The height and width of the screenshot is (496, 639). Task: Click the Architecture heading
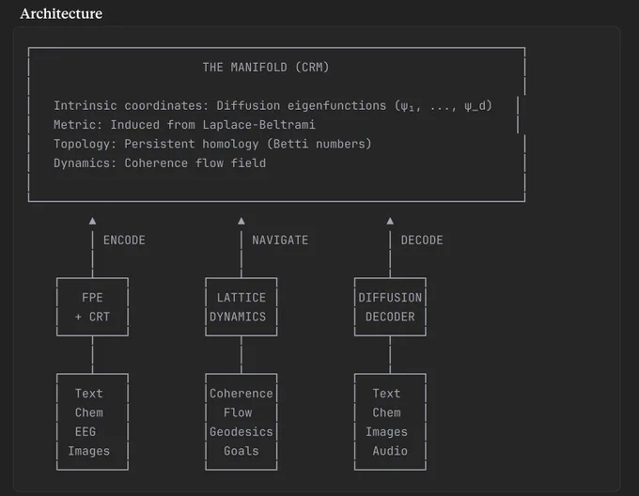(x=61, y=13)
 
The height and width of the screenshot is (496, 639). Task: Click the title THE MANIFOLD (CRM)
(x=266, y=68)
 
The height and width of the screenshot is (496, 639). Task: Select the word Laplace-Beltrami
(x=258, y=125)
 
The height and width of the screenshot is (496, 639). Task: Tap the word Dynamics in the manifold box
(x=82, y=163)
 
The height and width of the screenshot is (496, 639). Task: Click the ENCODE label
(x=124, y=240)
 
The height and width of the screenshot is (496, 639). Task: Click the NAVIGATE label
(x=280, y=240)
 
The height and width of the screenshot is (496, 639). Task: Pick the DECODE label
(x=422, y=240)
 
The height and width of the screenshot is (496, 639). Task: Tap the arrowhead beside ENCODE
(x=92, y=221)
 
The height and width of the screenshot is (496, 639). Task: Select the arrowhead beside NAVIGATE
(x=242, y=221)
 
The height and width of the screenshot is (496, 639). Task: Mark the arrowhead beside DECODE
(x=390, y=221)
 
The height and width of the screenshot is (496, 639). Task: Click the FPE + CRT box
(x=56, y=307)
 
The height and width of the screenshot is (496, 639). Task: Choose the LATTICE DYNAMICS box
(x=206, y=307)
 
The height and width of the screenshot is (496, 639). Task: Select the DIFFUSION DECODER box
(x=354, y=307)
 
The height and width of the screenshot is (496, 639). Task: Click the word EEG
(x=86, y=432)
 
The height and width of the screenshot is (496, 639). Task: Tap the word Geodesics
(x=242, y=432)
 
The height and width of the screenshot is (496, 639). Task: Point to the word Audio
(x=390, y=451)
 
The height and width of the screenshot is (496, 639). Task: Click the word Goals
(x=242, y=451)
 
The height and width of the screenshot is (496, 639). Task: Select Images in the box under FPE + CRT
(x=89, y=451)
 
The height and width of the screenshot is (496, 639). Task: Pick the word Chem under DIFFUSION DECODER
(x=386, y=412)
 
